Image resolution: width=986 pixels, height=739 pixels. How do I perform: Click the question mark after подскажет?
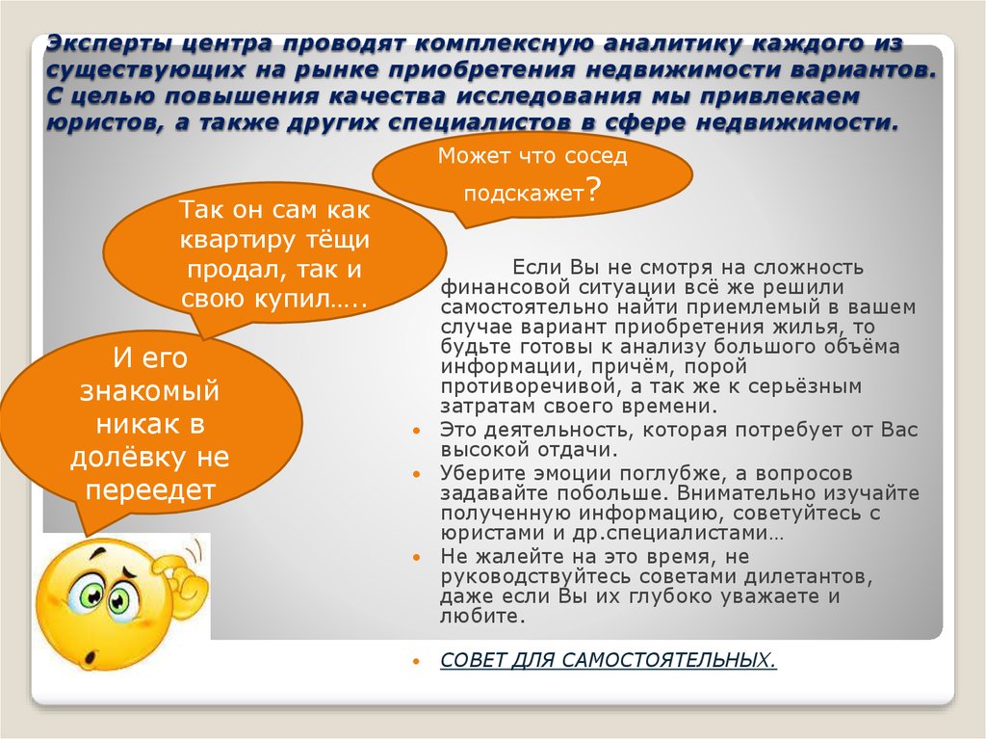[594, 191]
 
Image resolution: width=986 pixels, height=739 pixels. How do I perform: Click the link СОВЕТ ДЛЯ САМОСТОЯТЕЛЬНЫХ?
[608, 661]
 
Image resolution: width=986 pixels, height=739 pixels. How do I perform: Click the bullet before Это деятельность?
[416, 433]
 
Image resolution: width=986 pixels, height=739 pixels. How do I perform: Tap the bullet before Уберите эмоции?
[416, 475]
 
